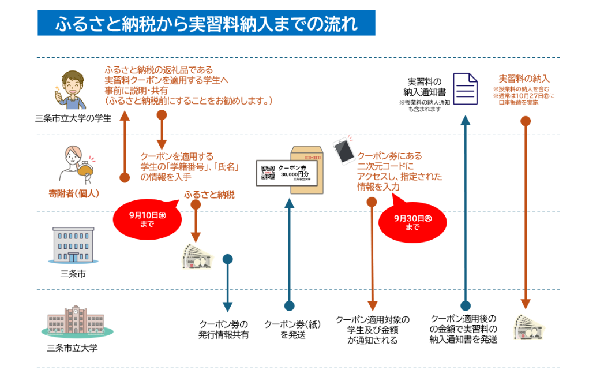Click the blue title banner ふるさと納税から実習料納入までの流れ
point(206,24)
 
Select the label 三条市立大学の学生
point(73,118)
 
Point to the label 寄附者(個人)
point(74,193)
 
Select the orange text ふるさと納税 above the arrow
point(209,195)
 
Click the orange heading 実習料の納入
point(524,79)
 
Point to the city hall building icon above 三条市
point(73,245)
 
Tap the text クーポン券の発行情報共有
point(224,329)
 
